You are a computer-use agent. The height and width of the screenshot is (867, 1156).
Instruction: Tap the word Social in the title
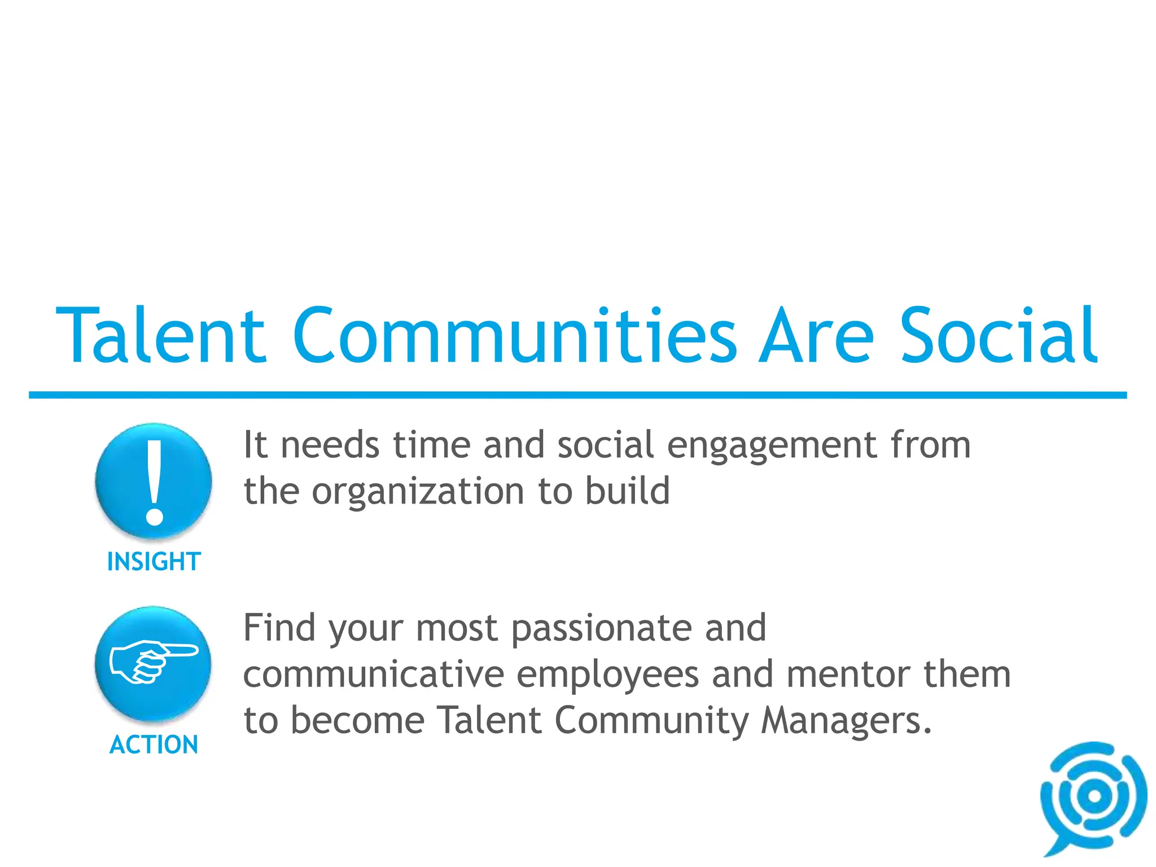998,336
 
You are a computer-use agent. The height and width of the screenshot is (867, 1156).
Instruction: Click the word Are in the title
816,336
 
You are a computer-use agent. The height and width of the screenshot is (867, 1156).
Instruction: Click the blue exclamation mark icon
154,481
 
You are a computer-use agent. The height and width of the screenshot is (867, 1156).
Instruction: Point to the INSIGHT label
154,562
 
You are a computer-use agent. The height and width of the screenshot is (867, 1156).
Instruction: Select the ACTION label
154,745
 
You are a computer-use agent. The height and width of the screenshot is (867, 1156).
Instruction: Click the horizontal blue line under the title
578,395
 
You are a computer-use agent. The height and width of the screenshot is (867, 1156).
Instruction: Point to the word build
627,491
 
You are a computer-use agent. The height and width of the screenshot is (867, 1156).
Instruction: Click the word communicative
374,675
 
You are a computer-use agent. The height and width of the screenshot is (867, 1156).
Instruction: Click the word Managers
846,722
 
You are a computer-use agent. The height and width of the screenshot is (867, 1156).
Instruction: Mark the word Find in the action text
279,628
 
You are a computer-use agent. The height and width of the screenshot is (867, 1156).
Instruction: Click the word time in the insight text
431,446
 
